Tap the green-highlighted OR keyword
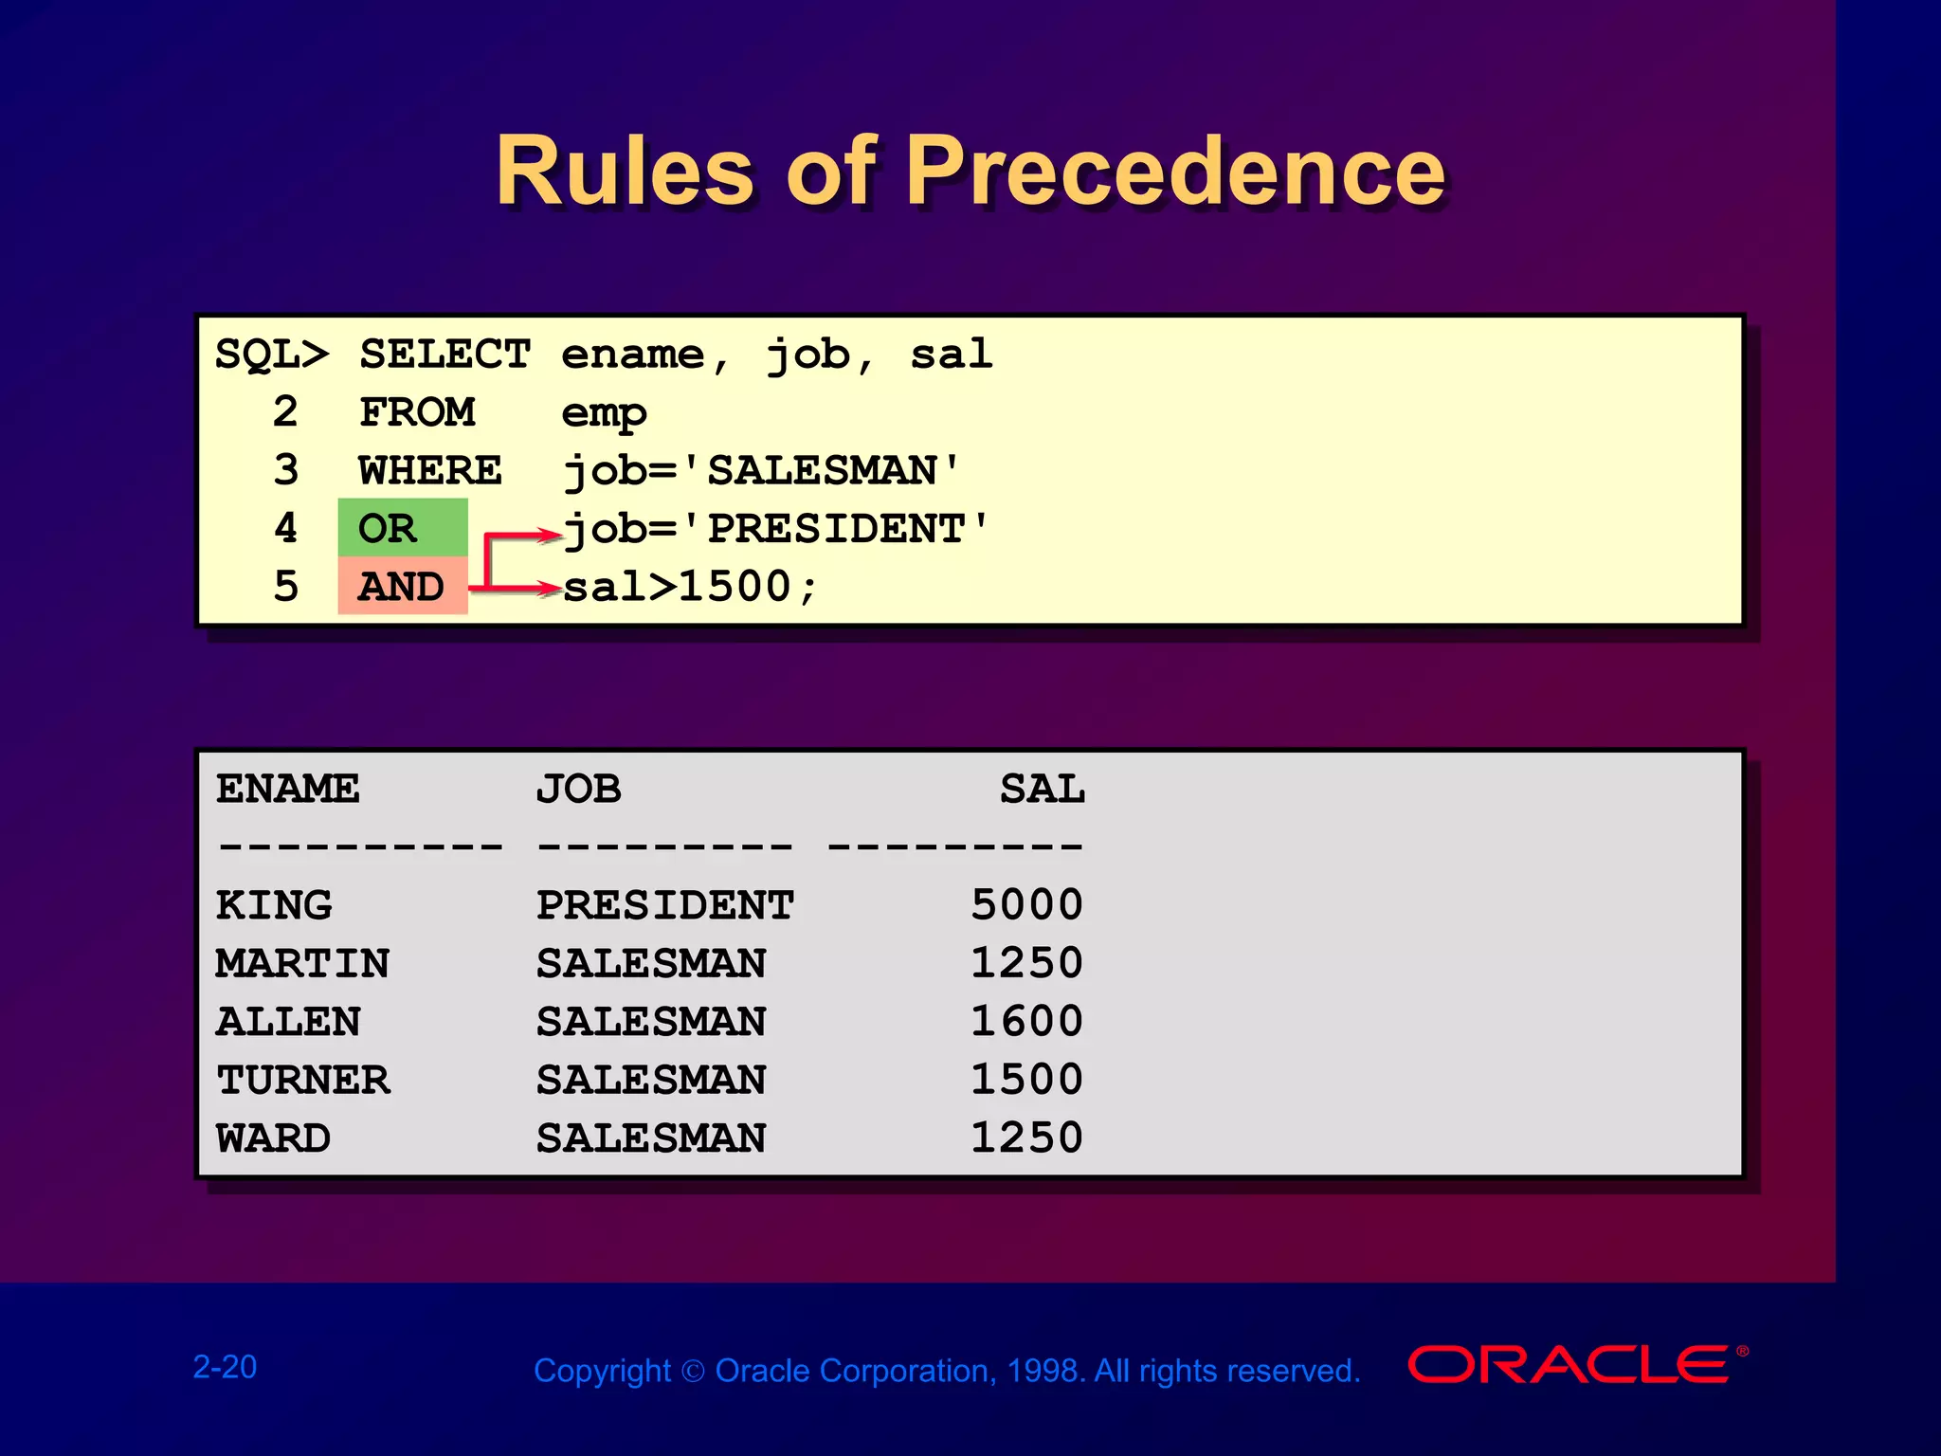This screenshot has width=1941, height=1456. (388, 528)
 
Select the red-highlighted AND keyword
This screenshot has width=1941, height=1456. (401, 587)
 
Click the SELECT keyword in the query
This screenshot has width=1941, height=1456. (444, 355)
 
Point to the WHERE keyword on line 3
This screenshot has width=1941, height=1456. (429, 470)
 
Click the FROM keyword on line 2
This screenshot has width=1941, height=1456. (417, 412)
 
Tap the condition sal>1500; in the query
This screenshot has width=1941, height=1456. (690, 587)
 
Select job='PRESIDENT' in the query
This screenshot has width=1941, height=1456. (775, 529)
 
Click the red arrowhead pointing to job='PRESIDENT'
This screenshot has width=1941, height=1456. (551, 535)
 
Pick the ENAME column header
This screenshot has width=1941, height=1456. (287, 789)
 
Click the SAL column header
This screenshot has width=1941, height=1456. (1042, 789)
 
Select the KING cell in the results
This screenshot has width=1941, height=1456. (274, 905)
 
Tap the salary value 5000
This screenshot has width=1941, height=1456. (1026, 905)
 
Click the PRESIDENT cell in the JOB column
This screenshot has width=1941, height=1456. (664, 905)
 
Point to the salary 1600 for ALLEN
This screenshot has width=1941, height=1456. (1026, 1022)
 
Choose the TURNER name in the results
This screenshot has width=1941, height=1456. (302, 1080)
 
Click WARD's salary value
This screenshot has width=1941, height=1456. (1026, 1137)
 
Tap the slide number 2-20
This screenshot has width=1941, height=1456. (225, 1367)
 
